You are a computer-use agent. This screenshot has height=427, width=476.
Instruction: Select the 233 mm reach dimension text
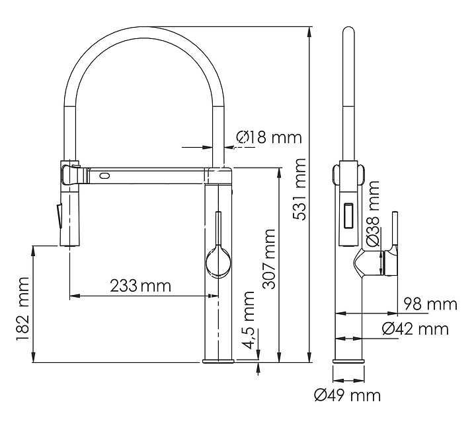point(140,286)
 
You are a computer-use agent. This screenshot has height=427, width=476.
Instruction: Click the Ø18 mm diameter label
point(268,137)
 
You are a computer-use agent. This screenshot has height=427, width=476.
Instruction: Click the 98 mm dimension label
point(430,304)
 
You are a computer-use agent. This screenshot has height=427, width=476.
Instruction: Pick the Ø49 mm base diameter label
point(348,395)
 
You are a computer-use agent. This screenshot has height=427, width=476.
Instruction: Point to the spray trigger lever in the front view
point(58,214)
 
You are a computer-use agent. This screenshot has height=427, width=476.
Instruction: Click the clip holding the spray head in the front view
point(69,173)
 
